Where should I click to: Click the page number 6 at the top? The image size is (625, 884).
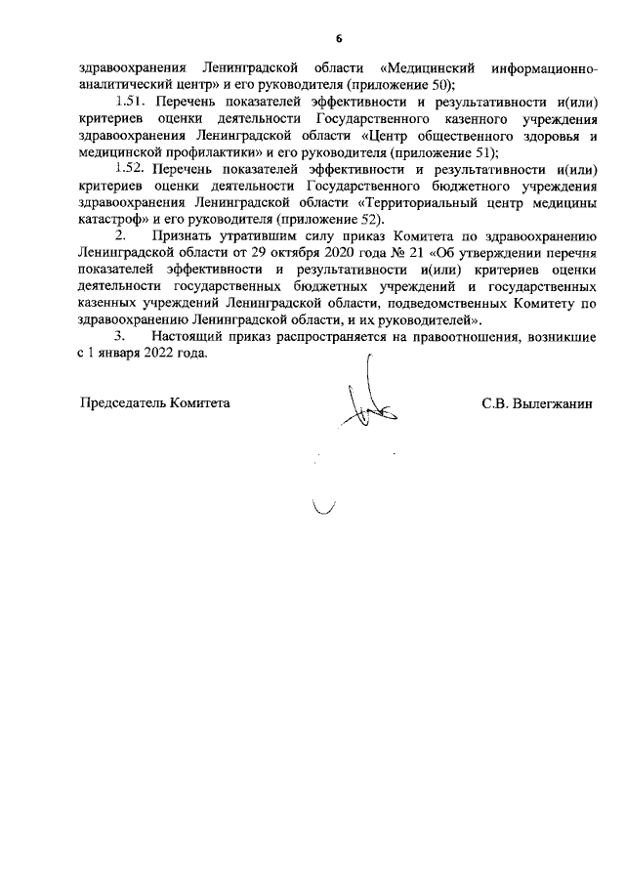coord(339,39)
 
